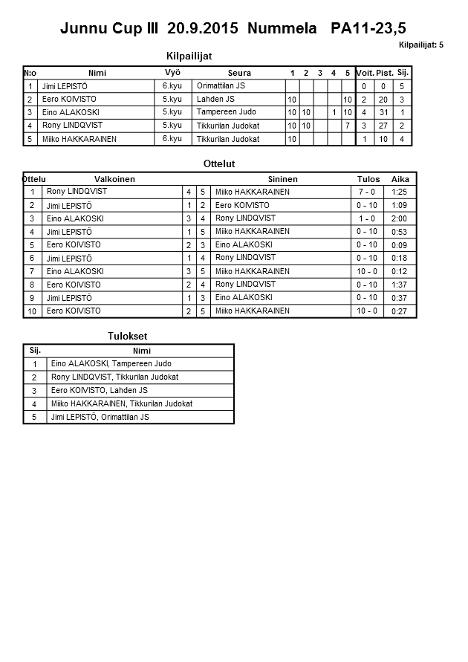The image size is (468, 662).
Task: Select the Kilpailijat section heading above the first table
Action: point(194,55)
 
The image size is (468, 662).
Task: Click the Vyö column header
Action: point(172,73)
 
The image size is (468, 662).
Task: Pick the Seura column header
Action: point(239,73)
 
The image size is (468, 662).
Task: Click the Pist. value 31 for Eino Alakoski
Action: point(384,112)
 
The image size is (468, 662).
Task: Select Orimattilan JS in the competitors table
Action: point(221,86)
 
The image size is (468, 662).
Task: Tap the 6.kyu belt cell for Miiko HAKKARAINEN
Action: point(172,139)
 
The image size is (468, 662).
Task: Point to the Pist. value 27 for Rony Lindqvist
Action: point(384,126)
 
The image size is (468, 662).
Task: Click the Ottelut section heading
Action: point(218,163)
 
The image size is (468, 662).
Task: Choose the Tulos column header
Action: point(368,179)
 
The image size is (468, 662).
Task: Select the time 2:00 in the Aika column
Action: point(400,218)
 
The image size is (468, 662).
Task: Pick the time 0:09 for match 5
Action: point(400,245)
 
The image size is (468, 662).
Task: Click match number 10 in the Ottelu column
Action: point(32,311)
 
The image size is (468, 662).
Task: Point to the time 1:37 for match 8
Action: point(400,285)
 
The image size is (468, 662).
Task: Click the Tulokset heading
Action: point(127,337)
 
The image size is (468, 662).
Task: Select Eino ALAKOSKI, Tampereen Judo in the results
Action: point(111,364)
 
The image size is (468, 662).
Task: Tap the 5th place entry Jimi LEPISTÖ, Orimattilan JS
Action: point(100,418)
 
